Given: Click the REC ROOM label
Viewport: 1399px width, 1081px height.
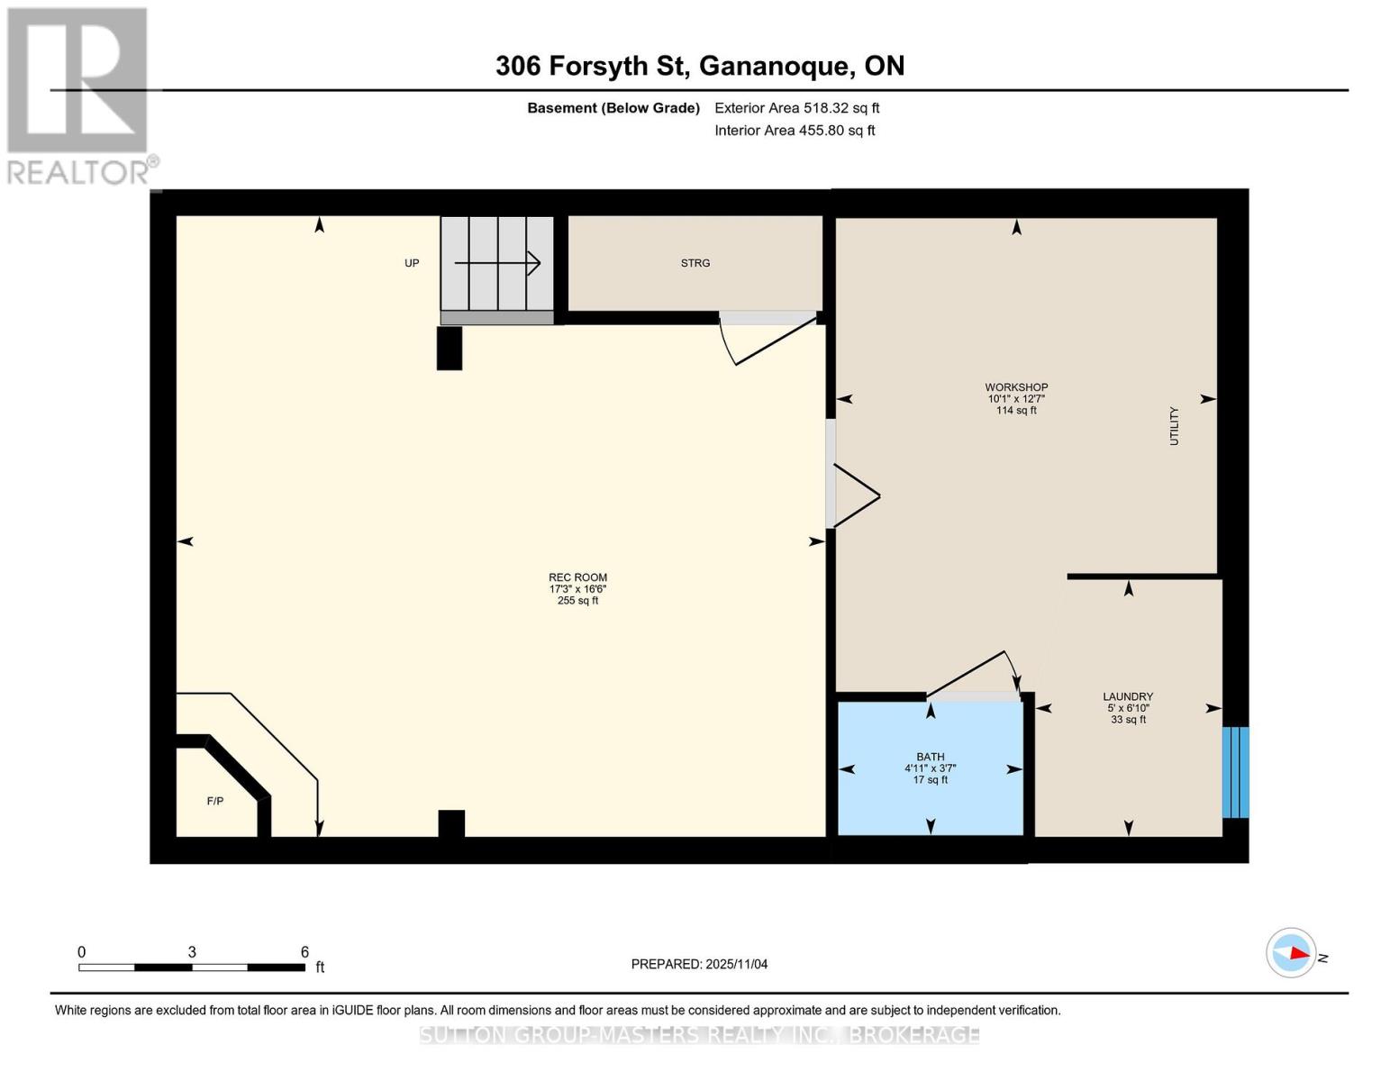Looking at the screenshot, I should pyautogui.click(x=577, y=578).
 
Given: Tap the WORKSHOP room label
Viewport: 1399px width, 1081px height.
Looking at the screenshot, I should pyautogui.click(x=1016, y=388).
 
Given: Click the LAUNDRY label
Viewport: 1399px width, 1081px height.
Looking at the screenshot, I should pyautogui.click(x=1128, y=697).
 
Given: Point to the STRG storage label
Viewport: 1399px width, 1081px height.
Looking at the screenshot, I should pyautogui.click(x=695, y=263).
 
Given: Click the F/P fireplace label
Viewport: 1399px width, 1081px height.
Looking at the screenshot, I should pyautogui.click(x=215, y=801).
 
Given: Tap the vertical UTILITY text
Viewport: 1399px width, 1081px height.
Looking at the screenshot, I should pyautogui.click(x=1174, y=426).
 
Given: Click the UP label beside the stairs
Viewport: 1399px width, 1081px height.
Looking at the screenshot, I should pyautogui.click(x=412, y=263).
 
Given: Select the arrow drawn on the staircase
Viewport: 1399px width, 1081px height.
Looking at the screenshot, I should pyautogui.click(x=497, y=263).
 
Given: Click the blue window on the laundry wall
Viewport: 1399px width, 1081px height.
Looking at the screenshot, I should pyautogui.click(x=1235, y=772).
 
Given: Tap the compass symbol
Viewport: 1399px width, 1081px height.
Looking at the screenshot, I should pyautogui.click(x=1291, y=953).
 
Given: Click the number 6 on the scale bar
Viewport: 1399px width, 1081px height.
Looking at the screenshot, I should pyautogui.click(x=304, y=952).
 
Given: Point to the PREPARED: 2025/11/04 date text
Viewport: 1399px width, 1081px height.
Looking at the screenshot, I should pyautogui.click(x=699, y=964).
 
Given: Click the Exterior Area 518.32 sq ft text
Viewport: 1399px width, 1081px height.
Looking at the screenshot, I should pyautogui.click(x=796, y=108).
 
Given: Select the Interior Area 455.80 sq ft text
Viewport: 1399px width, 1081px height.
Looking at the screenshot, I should pyautogui.click(x=795, y=131).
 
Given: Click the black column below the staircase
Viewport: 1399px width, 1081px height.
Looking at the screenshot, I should pyautogui.click(x=449, y=348).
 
